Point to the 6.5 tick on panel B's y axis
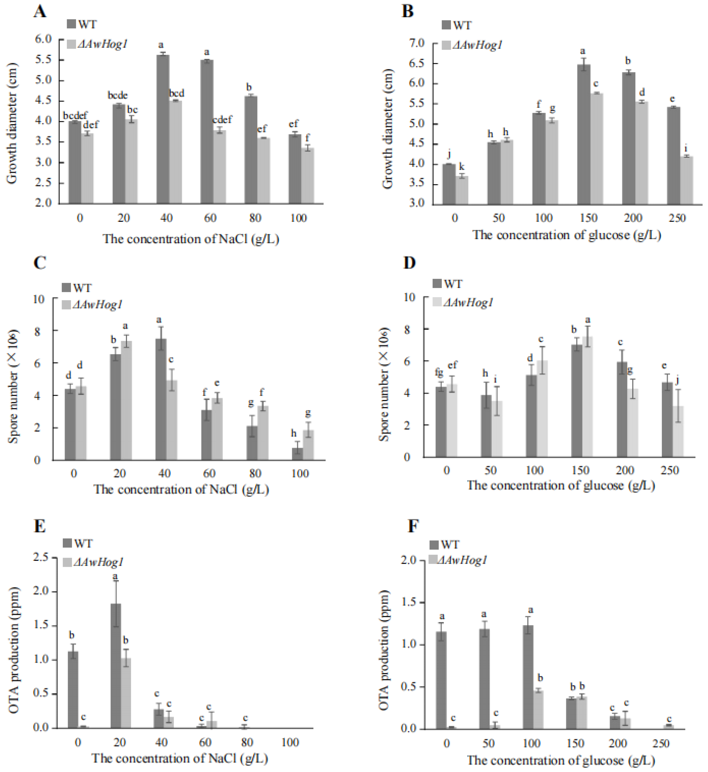pyautogui.click(x=417, y=63)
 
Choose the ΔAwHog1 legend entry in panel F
pyautogui.click(x=458, y=560)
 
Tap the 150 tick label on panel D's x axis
pyautogui.click(x=581, y=470)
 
